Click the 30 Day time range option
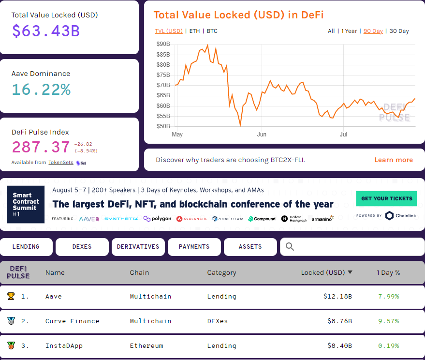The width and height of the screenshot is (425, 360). [399, 31]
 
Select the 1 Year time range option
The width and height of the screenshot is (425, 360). [349, 31]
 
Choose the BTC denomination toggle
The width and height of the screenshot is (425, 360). [212, 31]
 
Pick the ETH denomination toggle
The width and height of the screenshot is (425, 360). [194, 31]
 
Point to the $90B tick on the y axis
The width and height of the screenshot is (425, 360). [163, 44]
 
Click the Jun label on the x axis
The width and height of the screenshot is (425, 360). [262, 135]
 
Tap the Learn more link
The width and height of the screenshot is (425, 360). [394, 160]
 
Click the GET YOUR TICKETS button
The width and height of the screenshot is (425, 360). [386, 198]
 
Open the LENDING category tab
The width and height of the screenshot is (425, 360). [26, 247]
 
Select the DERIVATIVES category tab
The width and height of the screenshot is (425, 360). [138, 247]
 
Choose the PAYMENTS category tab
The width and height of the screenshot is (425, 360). [194, 247]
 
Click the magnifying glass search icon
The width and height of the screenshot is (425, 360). [290, 247]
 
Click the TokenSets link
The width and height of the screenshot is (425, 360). [61, 163]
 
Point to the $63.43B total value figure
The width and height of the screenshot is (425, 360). [46, 31]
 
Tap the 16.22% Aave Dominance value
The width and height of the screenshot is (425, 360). [41, 90]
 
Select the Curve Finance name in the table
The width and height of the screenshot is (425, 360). [72, 321]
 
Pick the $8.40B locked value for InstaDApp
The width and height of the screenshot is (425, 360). [337, 346]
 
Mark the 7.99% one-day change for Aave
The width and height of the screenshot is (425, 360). [388, 297]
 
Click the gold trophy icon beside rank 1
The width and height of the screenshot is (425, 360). [11, 296]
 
